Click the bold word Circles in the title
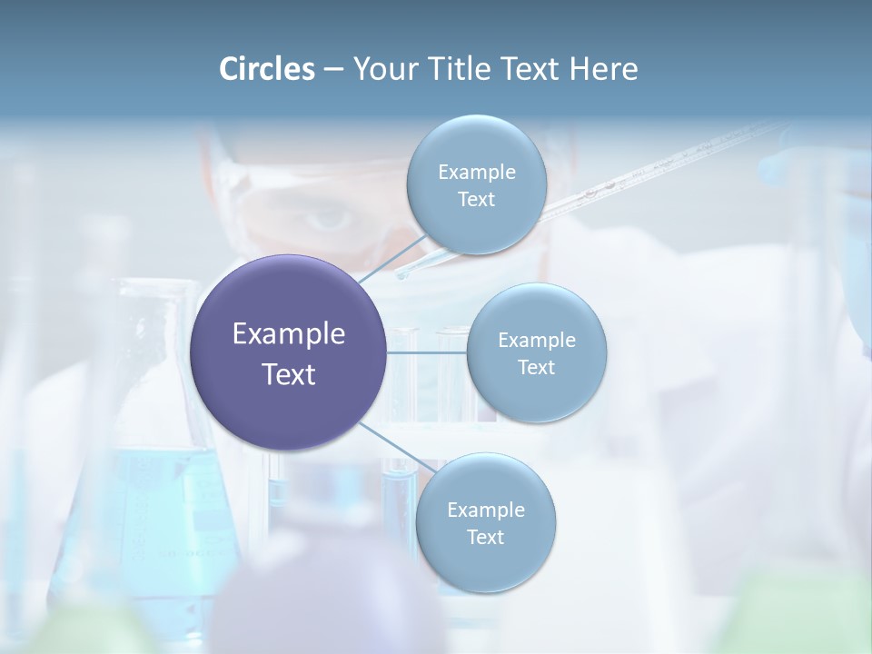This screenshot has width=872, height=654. pyautogui.click(x=267, y=69)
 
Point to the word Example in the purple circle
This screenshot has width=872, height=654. pyautogui.click(x=289, y=334)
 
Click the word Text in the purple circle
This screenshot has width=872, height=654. pyautogui.click(x=289, y=374)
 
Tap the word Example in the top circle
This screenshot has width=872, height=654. pyautogui.click(x=476, y=172)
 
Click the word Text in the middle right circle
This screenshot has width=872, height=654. pyautogui.click(x=536, y=368)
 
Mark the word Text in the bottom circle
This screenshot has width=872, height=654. pyautogui.click(x=485, y=538)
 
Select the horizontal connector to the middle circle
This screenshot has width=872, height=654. pyautogui.click(x=427, y=352)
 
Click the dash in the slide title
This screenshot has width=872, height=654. pyautogui.click(x=332, y=70)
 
